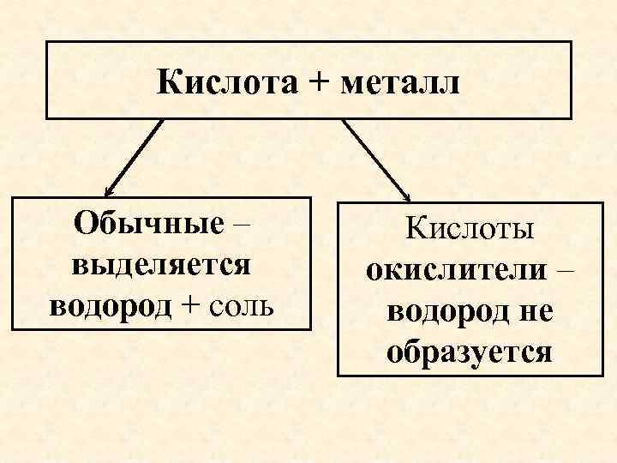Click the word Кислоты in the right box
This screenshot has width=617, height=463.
point(470,229)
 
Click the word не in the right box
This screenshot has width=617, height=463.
point(535,310)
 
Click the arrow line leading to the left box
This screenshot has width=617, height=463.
point(133,156)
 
